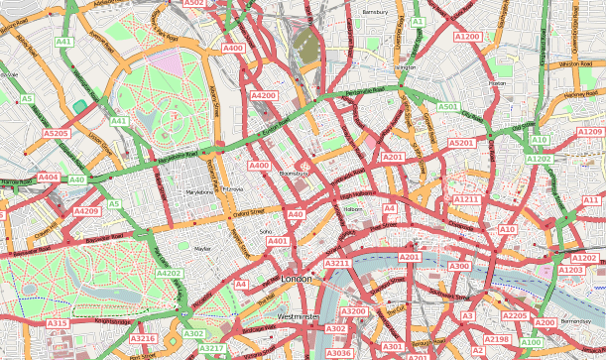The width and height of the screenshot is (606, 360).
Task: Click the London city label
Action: click(297, 280)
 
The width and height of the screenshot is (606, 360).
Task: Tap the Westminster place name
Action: click(299, 316)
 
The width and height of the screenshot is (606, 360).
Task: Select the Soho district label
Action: click(265, 232)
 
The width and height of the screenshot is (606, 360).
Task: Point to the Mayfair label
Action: click(203, 249)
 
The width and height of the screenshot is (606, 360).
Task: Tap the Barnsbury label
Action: click(374, 12)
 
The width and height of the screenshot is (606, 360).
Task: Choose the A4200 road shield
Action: click(264, 95)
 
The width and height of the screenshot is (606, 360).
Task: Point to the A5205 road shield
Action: click(57, 132)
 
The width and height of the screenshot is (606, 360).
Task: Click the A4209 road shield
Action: click(86, 211)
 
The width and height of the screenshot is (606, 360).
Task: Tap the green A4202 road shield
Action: click(169, 273)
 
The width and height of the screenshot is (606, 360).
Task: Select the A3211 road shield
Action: click(338, 263)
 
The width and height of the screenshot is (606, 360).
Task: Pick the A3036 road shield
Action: click(338, 353)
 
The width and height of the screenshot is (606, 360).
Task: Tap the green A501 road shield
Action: click(449, 106)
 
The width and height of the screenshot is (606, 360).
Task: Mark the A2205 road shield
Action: click(515, 315)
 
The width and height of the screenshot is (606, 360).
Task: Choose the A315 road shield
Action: click(58, 323)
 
